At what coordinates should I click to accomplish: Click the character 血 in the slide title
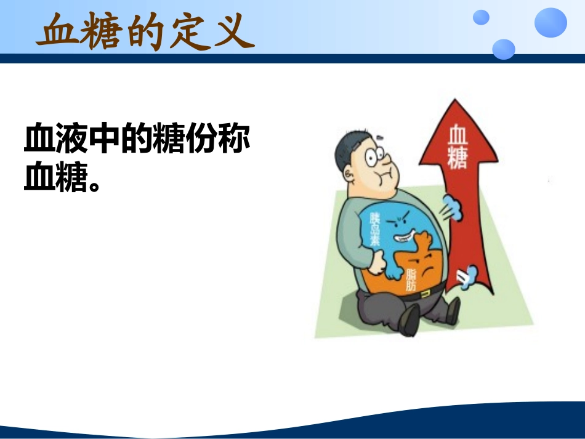coord(57,31)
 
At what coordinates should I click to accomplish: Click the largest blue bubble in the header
coord(550,22)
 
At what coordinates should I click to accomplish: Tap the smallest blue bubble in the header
coord(481,17)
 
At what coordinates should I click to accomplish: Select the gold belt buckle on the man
coord(424,295)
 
